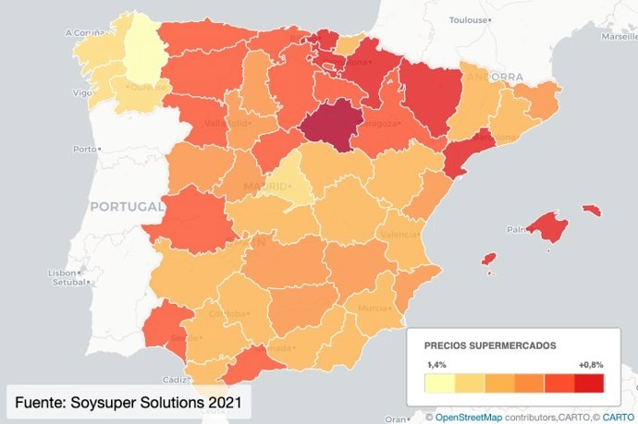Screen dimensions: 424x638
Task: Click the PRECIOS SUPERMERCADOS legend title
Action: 489,345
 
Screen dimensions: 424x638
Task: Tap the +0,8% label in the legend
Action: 590,365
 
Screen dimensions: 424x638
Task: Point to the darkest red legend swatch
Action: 588,384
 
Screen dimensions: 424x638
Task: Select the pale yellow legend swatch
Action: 439,384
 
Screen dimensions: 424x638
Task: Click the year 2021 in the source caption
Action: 224,403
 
